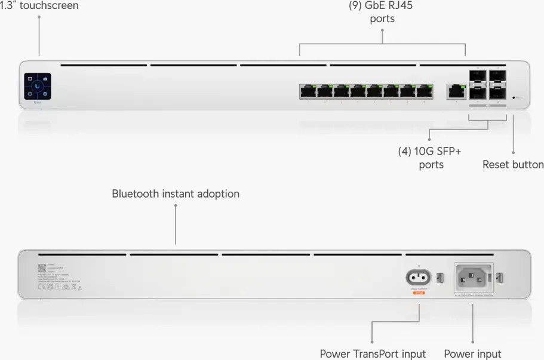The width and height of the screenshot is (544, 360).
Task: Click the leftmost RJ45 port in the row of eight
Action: pos(308,91)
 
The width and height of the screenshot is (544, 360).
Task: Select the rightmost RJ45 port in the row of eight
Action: pos(425,91)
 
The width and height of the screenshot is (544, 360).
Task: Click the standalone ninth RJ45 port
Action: pos(456,91)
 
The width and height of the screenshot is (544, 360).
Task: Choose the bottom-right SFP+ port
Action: pos(497,93)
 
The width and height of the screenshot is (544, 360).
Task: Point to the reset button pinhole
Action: pos(514,97)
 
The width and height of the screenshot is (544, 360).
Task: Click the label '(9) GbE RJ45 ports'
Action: pos(381,12)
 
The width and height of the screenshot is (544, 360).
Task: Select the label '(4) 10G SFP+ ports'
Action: pos(430,158)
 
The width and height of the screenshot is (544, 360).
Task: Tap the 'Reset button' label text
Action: pos(512,164)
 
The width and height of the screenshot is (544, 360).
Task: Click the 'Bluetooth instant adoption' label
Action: pos(176,194)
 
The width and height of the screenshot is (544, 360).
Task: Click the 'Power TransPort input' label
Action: pos(373,353)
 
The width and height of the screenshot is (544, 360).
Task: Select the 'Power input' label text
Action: pos(472,353)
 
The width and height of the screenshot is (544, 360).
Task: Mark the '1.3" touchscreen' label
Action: pos(39,5)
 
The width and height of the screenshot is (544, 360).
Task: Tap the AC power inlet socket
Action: pos(474,278)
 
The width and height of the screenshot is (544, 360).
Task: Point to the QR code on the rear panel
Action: pos(42,269)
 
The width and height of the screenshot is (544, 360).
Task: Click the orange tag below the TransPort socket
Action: pos(419,292)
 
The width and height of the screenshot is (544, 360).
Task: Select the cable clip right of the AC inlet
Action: pos(501,278)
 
